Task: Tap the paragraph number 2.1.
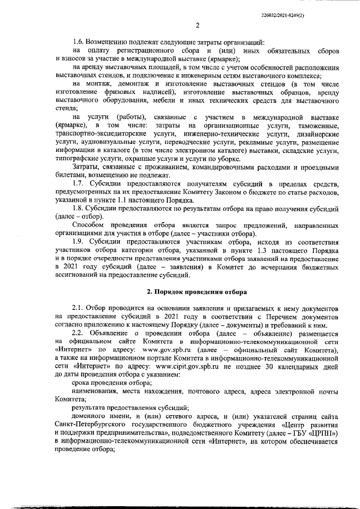(79, 310)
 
